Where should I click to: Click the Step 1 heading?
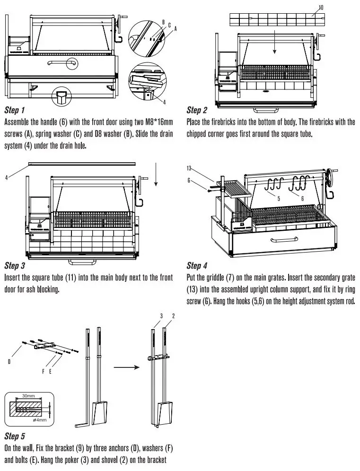15,111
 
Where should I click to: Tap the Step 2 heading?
197,111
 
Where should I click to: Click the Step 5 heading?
15,435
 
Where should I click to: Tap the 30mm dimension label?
29,396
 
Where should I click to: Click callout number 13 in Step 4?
190,168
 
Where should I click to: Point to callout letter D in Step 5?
9,361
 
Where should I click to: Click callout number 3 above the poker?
161,315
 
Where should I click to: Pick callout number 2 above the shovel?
174,315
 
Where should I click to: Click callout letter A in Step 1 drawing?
175,29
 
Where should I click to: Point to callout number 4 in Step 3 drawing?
7,178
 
